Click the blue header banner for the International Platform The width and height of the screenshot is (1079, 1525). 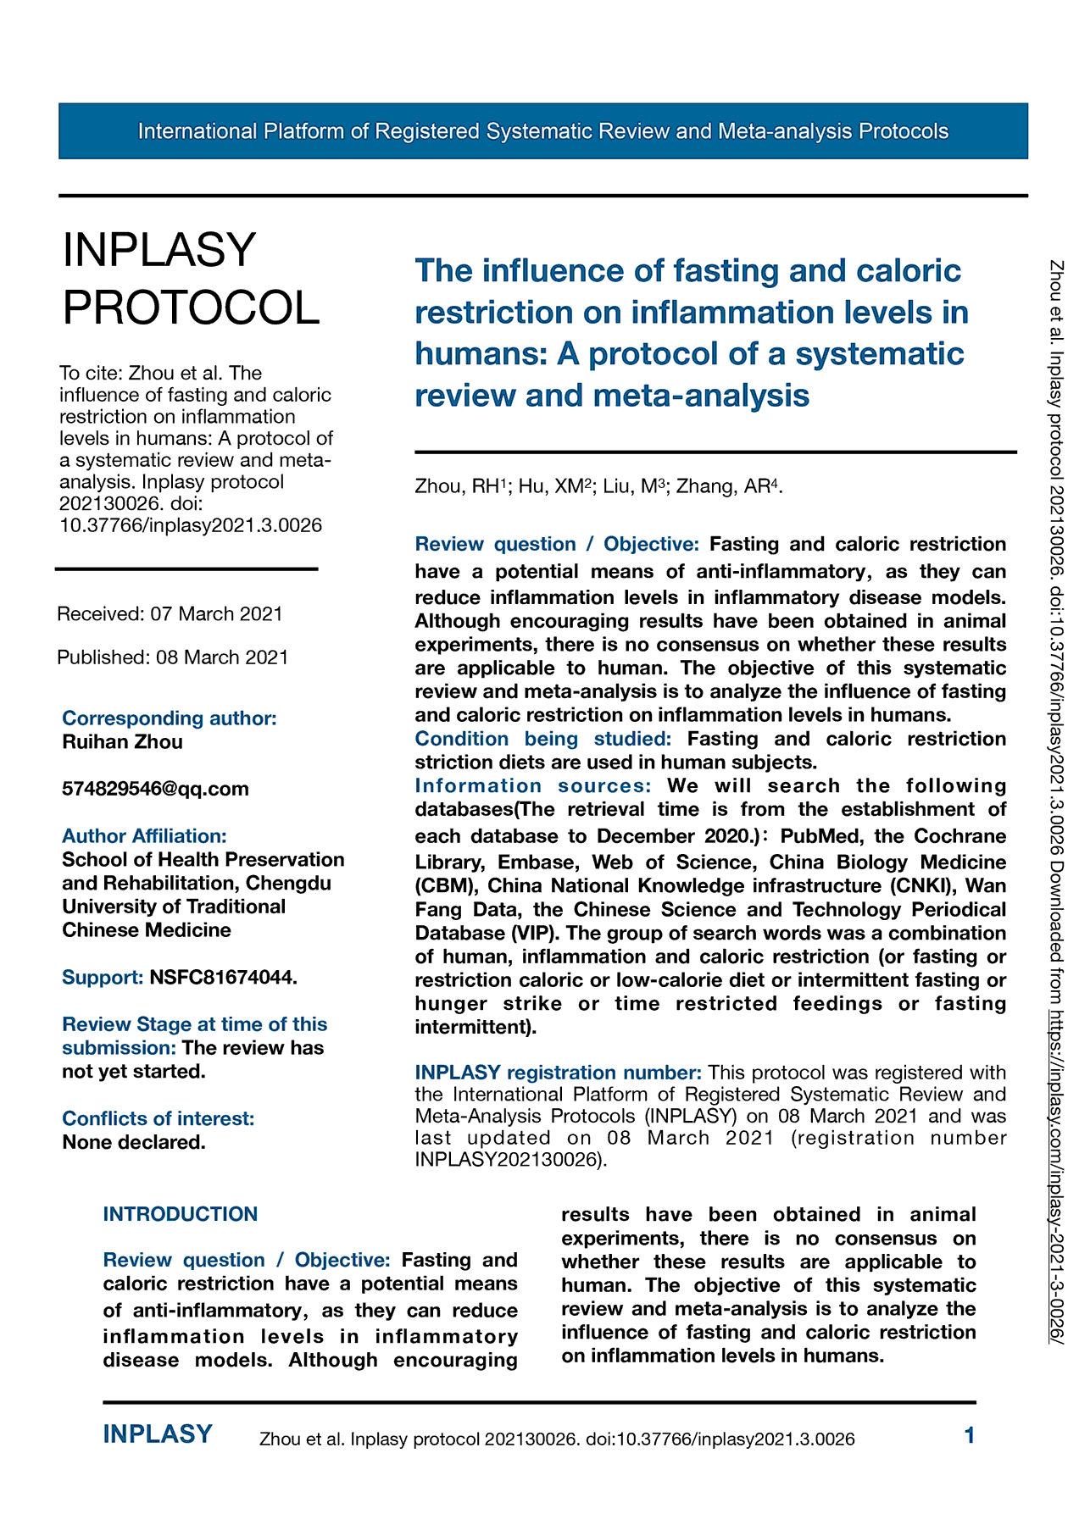tap(542, 131)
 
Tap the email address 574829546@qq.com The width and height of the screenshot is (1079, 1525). tap(155, 789)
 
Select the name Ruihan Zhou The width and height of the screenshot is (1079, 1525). tap(122, 742)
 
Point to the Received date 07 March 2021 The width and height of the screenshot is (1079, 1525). tap(216, 613)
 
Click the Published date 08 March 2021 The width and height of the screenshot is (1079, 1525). tap(222, 657)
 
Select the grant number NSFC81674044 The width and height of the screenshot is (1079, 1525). tap(223, 977)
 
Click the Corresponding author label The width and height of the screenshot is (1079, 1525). tap(170, 718)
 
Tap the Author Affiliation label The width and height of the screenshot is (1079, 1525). tap(144, 836)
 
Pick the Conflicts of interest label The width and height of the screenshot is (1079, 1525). tap(158, 1118)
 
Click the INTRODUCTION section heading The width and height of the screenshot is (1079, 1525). tap(181, 1214)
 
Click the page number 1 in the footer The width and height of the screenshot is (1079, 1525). tap(970, 1435)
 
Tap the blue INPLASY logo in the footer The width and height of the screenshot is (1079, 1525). tap(158, 1434)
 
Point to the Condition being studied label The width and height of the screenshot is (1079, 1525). tap(542, 739)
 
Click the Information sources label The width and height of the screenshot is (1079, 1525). tap(533, 785)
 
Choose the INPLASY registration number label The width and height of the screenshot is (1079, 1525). tap(558, 1073)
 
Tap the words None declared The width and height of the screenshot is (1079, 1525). tap(134, 1142)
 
